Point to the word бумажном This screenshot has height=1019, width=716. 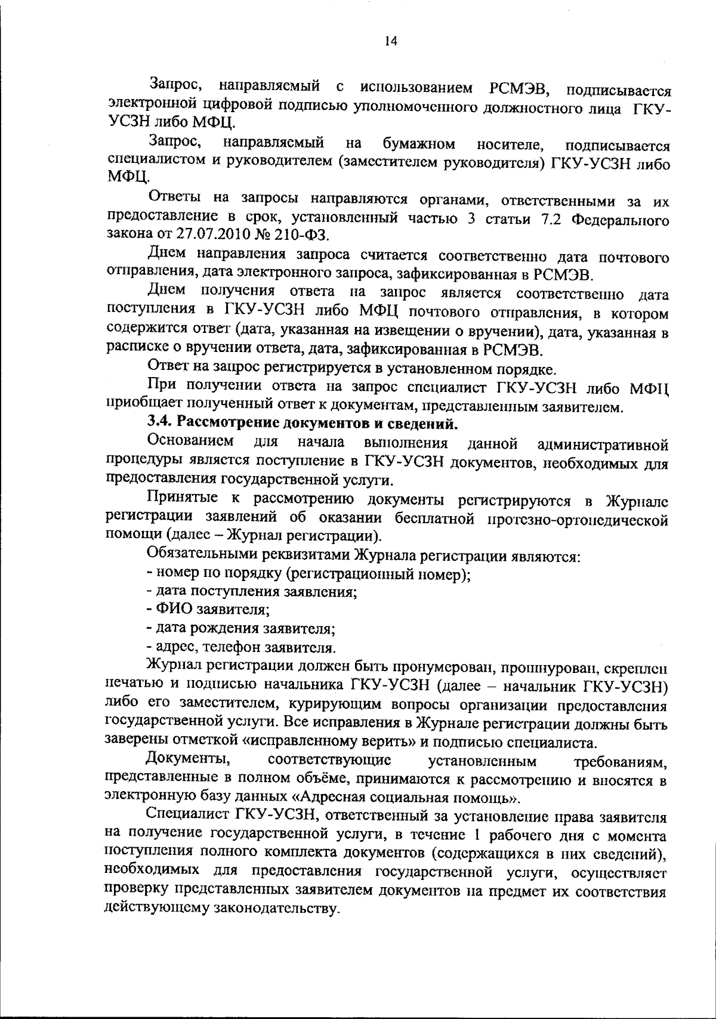pos(419,144)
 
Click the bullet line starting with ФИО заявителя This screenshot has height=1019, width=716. pos(209,610)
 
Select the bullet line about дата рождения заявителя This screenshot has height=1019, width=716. pos(240,628)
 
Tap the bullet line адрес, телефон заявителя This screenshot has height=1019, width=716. pos(241,647)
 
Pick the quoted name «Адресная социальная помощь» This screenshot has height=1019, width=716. pos(406,797)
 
